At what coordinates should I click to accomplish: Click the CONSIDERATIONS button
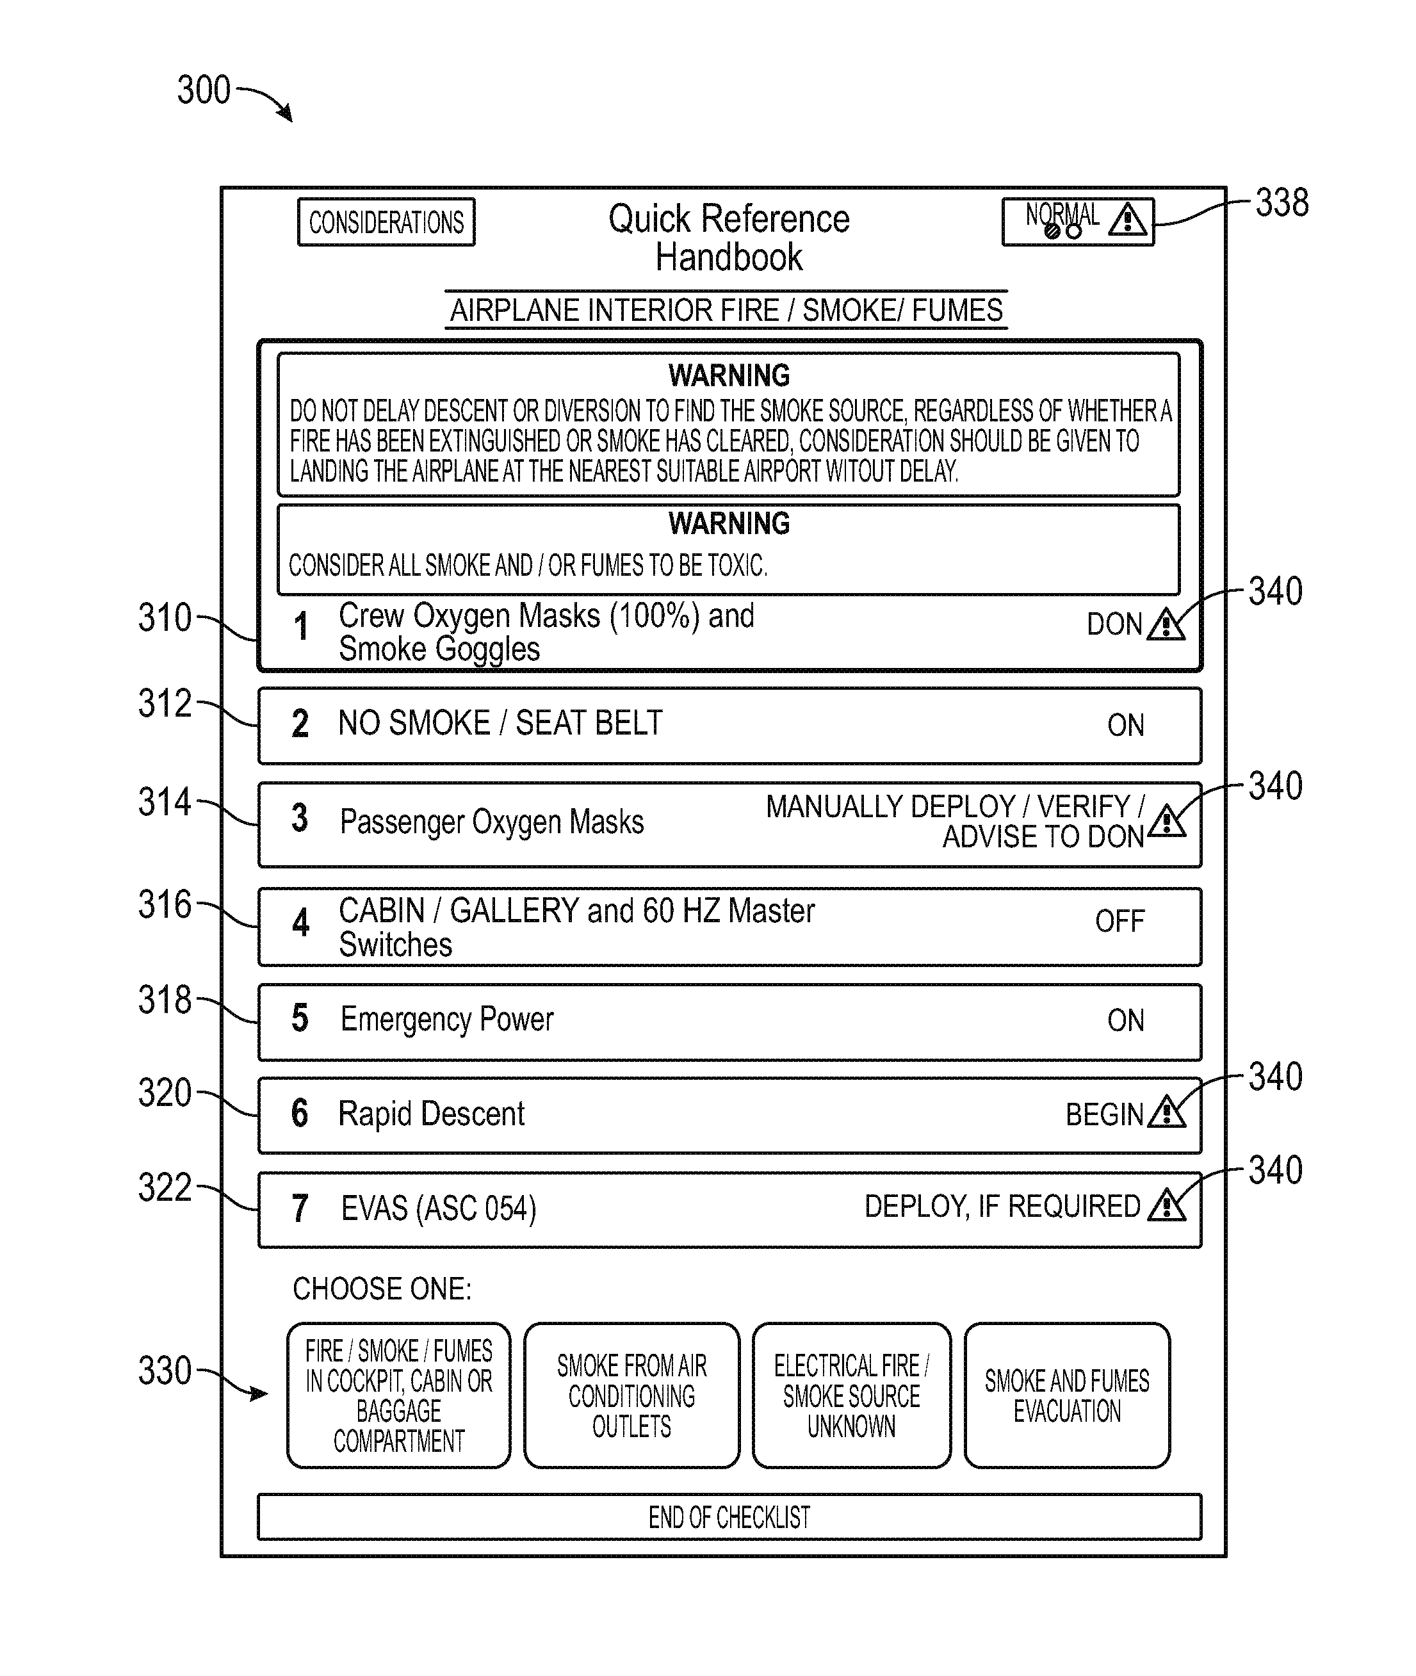(x=386, y=222)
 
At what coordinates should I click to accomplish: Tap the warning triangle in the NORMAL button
(x=1128, y=219)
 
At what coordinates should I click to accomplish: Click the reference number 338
(x=1282, y=203)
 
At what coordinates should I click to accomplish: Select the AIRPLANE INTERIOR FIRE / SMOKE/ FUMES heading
(x=726, y=310)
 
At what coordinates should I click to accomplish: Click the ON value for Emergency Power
(x=1125, y=1020)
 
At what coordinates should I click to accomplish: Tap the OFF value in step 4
(x=1119, y=921)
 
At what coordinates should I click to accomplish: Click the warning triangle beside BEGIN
(x=1166, y=1112)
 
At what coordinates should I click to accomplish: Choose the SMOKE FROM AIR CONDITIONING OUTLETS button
(x=631, y=1395)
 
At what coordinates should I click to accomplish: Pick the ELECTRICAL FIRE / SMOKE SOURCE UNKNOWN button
(x=852, y=1395)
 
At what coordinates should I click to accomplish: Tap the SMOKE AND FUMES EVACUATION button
(x=1067, y=1395)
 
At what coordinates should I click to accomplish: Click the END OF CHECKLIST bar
(x=729, y=1517)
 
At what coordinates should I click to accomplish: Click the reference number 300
(x=204, y=90)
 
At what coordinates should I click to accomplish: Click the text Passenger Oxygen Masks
(x=491, y=822)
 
